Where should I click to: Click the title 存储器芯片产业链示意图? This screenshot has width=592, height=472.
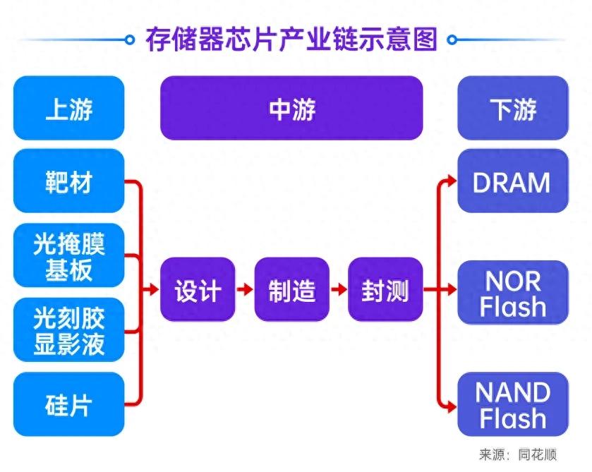click(291, 39)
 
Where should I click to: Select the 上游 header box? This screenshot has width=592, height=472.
click(68, 109)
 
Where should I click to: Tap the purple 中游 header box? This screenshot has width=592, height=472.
click(291, 109)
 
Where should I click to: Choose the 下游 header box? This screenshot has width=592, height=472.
click(513, 109)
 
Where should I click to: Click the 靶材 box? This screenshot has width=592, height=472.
click(68, 181)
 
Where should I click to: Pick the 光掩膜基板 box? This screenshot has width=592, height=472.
click(68, 256)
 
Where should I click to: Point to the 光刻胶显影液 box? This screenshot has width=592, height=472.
click(68, 330)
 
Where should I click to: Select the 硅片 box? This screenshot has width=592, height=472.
click(68, 405)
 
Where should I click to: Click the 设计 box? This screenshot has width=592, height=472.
click(198, 290)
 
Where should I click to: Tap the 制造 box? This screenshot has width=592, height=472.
click(291, 290)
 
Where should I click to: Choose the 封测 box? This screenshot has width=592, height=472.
click(385, 290)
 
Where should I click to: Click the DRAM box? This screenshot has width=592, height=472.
click(513, 181)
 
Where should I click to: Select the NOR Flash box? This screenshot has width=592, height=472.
click(513, 293)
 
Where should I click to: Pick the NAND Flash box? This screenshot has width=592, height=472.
click(513, 404)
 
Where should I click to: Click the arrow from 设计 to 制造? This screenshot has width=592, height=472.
click(244, 290)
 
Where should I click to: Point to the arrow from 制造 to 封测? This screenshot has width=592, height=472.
click(338, 290)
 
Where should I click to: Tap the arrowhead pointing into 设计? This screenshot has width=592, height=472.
click(153, 290)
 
